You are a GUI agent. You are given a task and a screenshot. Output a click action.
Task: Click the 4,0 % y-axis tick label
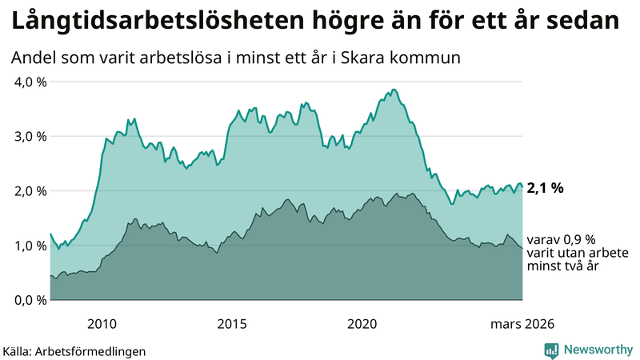click(30, 82)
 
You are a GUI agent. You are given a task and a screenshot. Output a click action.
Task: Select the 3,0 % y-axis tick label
click(30, 136)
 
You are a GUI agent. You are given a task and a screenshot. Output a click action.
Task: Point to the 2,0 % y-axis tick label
click(30, 190)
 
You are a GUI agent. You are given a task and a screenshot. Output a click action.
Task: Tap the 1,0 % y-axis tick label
click(30, 245)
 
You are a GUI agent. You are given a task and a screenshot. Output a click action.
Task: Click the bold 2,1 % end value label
click(546, 189)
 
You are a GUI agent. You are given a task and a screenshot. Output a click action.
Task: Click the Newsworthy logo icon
click(551, 350)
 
